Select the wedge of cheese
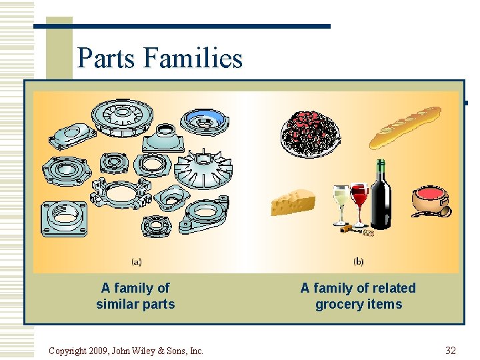click(293, 202)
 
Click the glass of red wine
click(359, 200)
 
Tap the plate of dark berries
click(309, 133)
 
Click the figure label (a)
click(136, 261)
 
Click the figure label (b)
click(358, 261)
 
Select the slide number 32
click(451, 351)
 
